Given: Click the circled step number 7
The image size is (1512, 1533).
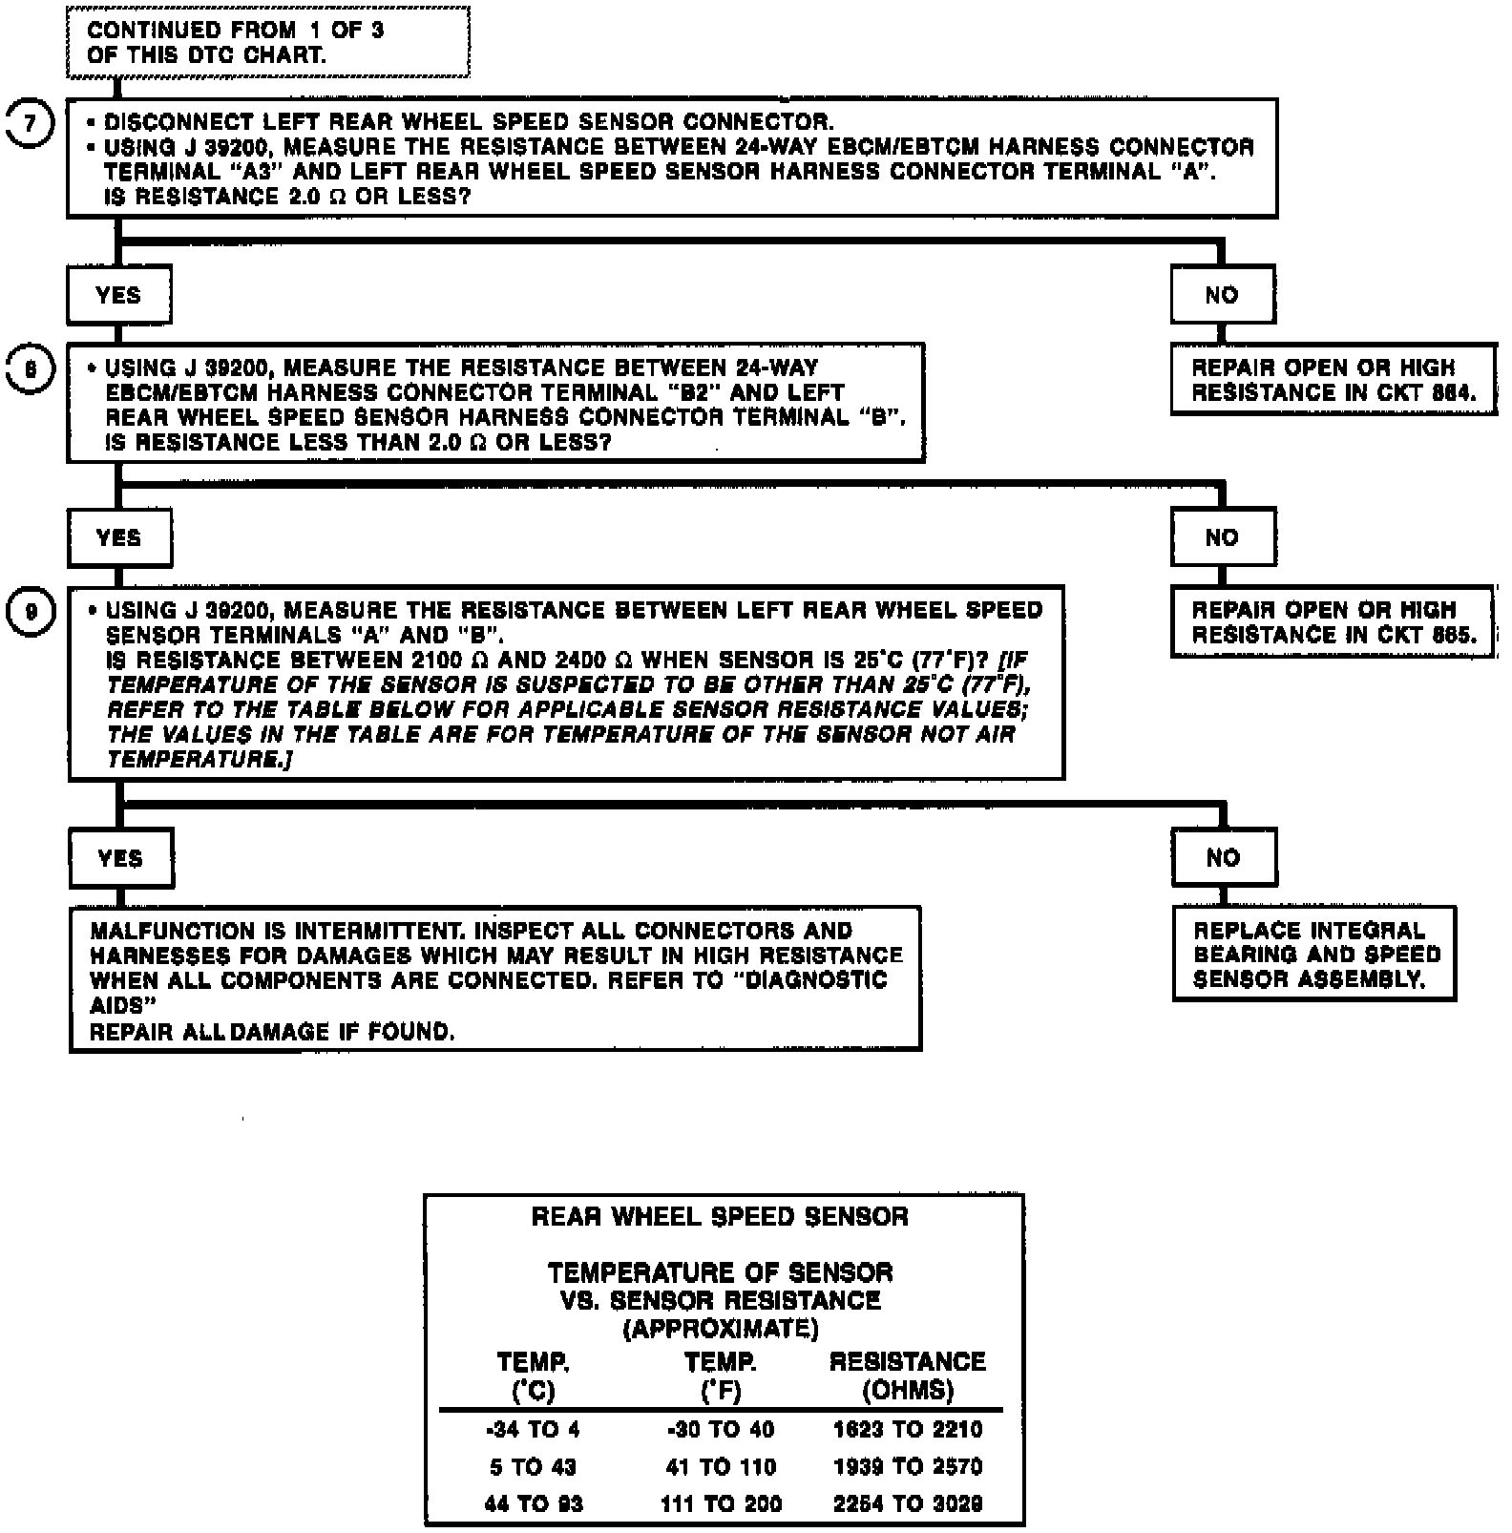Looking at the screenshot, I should (x=31, y=125).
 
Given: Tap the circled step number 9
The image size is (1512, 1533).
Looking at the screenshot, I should (x=31, y=612).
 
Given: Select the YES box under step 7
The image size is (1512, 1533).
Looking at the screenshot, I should (x=118, y=295).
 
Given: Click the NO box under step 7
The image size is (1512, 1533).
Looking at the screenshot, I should (x=1222, y=295).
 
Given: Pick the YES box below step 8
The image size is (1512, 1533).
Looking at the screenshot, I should (x=119, y=537).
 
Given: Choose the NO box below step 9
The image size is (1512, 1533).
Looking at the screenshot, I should (x=1224, y=857).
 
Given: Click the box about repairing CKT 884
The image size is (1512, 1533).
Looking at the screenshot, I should (x=1333, y=380).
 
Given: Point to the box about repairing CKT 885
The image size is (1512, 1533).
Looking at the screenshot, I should (x=1333, y=622).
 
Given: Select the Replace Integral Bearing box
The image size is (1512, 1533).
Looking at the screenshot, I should (x=1314, y=954).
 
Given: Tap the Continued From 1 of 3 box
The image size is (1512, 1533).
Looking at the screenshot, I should (x=267, y=42).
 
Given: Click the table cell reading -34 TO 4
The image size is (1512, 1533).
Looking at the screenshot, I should (x=533, y=1430).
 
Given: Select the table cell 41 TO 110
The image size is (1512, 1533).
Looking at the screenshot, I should (x=721, y=1467).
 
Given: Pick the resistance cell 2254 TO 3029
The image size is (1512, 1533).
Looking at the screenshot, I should (x=908, y=1504).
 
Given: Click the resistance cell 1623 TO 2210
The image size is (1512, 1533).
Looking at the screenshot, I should (x=908, y=1430).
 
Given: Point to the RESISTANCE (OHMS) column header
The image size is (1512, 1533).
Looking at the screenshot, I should (x=908, y=1375).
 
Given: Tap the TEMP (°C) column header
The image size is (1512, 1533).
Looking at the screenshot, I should (x=533, y=1375).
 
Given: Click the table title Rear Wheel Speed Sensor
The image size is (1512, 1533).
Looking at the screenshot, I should (x=721, y=1217).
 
